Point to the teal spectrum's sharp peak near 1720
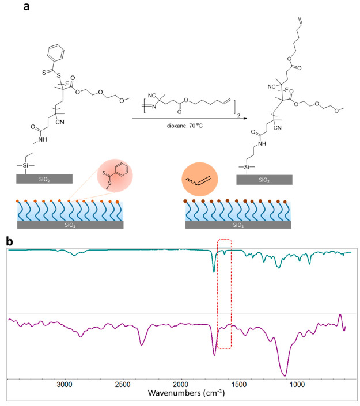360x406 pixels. [x=214, y=271]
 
